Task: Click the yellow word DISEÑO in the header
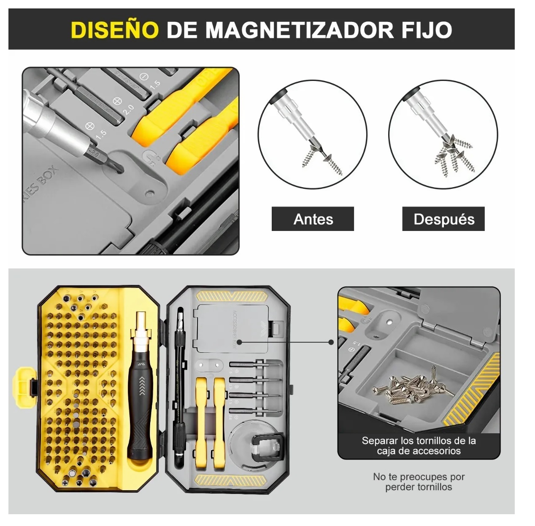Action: click(115, 30)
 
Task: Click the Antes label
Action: click(313, 219)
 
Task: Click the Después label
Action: click(443, 219)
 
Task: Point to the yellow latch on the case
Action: click(24, 386)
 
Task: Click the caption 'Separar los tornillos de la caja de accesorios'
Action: click(419, 445)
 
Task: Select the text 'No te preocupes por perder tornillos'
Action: click(419, 482)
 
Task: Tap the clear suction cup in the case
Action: click(253, 447)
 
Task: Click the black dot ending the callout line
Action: click(239, 342)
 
